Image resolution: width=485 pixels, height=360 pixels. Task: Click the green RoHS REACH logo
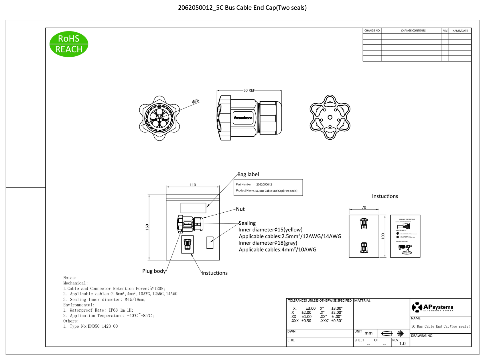tap(69, 44)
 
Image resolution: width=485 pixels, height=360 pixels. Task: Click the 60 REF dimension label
tap(249, 90)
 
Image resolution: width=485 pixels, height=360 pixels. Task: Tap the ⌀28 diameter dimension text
tap(195, 101)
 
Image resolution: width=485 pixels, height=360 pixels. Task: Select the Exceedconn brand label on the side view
tap(243, 118)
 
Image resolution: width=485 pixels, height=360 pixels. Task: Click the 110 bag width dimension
tap(193, 185)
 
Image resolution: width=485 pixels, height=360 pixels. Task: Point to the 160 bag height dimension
tap(147, 227)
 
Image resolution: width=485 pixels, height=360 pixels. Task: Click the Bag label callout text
tap(248, 174)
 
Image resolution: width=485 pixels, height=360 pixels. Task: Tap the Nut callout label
tap(240, 209)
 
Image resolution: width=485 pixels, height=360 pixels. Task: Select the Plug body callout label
tap(154, 271)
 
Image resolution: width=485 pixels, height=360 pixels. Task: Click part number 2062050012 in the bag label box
tap(264, 185)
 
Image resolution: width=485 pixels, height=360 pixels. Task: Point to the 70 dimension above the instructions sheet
tap(364, 207)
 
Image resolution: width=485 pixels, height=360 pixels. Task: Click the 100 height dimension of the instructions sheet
tap(383, 236)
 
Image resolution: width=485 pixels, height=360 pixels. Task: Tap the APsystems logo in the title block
tap(433, 307)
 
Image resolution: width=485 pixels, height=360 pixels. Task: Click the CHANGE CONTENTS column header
tap(413, 31)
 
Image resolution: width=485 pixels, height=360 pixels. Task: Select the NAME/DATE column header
tap(460, 31)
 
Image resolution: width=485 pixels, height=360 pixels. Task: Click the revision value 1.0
tap(402, 343)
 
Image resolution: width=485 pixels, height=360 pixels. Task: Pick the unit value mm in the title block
tap(368, 333)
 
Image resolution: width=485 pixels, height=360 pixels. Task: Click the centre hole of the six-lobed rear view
tap(330, 117)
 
